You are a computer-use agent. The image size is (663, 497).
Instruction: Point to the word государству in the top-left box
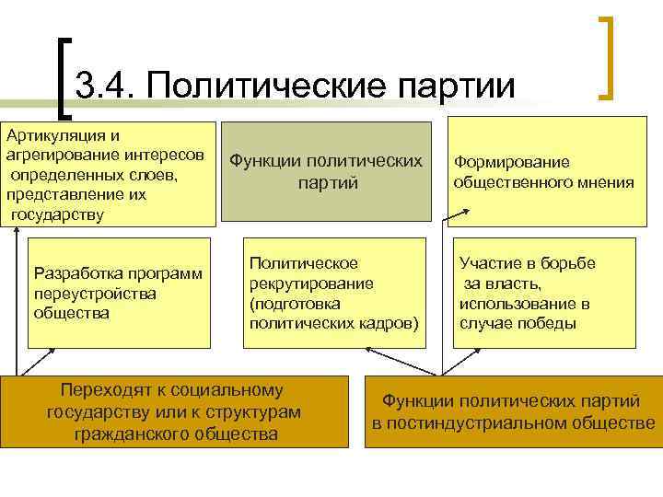[57, 214]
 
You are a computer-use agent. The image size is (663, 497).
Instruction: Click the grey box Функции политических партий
[326, 171]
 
